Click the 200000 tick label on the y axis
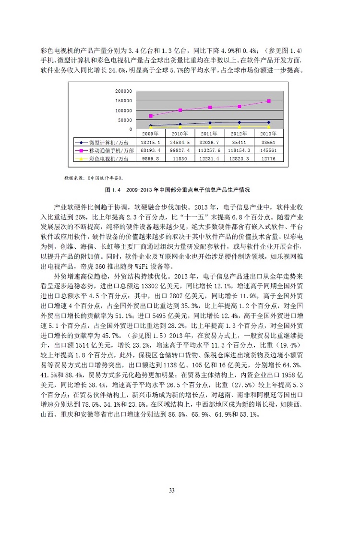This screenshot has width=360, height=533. coord(124,91)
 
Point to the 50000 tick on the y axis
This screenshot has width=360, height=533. coord(125,120)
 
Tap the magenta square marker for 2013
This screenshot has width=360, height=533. coord(269,101)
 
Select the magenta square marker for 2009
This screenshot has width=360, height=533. coord(151,116)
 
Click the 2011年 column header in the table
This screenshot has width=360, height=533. coord(210,134)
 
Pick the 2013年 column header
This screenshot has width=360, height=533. coord(269,134)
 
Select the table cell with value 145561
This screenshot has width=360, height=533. coord(269,150)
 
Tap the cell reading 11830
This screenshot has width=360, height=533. coord(180,158)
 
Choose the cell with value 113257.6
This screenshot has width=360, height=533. coord(210,150)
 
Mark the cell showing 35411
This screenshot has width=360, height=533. coord(239,143)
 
